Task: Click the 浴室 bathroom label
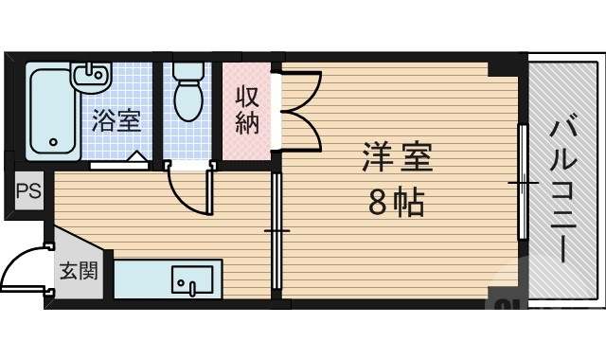pos(116,121)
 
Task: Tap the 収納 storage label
pos(247,111)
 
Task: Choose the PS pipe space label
pos(26,189)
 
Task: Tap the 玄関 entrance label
pos(79,271)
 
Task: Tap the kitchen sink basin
pos(193,280)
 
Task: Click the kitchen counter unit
pos(168,279)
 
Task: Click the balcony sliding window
pos(521,180)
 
